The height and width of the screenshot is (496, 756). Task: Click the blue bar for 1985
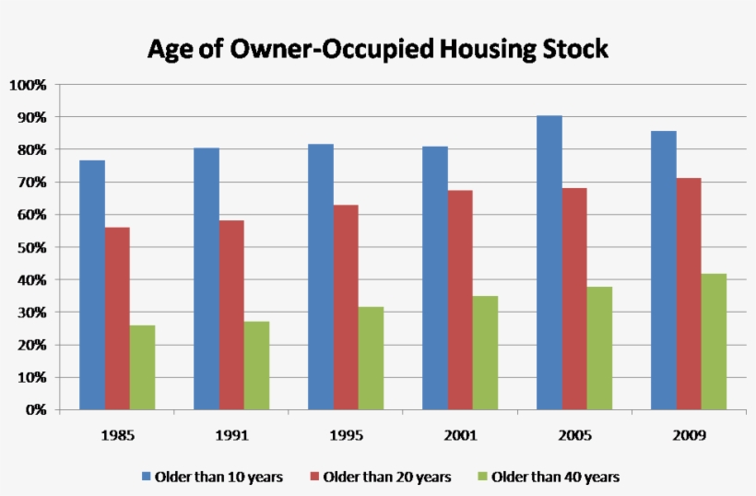pos(92,285)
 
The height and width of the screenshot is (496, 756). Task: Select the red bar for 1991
pos(231,314)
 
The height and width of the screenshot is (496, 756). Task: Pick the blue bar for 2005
pos(549,262)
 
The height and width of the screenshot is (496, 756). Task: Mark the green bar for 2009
pos(715,341)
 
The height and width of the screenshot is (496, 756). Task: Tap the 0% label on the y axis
pos(35,409)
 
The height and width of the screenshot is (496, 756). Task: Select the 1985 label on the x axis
pos(117,433)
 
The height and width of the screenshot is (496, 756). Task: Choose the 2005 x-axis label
pos(574,433)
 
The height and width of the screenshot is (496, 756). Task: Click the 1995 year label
pos(346,433)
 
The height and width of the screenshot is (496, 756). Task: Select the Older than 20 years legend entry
pos(386,477)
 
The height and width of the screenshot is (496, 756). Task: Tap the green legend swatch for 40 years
pos(482,477)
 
